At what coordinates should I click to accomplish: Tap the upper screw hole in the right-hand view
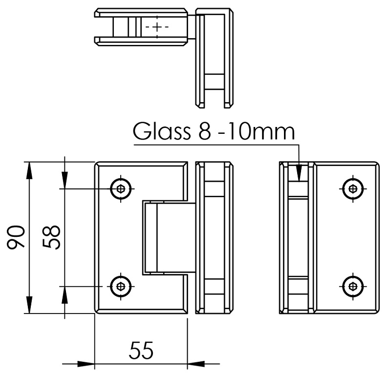pos(352,188)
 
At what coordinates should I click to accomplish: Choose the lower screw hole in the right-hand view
pos(352,286)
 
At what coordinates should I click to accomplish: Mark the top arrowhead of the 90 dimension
pos(30,169)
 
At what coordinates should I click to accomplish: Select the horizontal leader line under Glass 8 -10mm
pos(215,144)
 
